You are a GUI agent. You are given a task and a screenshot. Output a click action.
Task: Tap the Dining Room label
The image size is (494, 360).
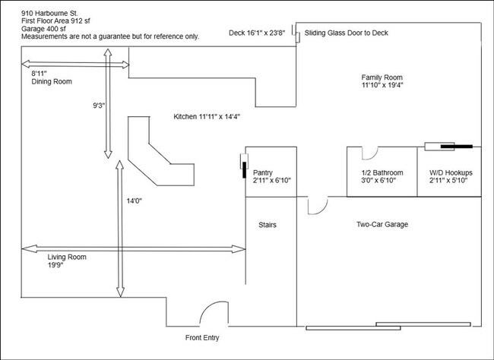pyautogui.click(x=52, y=81)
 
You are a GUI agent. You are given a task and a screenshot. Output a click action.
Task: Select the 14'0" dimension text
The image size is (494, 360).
pyautogui.click(x=135, y=201)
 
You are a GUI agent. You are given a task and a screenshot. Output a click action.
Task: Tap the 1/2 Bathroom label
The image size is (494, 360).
pyautogui.click(x=382, y=174)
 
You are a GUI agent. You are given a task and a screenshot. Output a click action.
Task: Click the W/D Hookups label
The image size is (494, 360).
pyautogui.click(x=448, y=174)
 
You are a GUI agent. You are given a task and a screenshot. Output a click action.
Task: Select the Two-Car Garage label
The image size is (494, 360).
pyautogui.click(x=383, y=225)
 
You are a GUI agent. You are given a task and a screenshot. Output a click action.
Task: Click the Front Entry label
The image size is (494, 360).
pyautogui.click(x=206, y=338)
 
